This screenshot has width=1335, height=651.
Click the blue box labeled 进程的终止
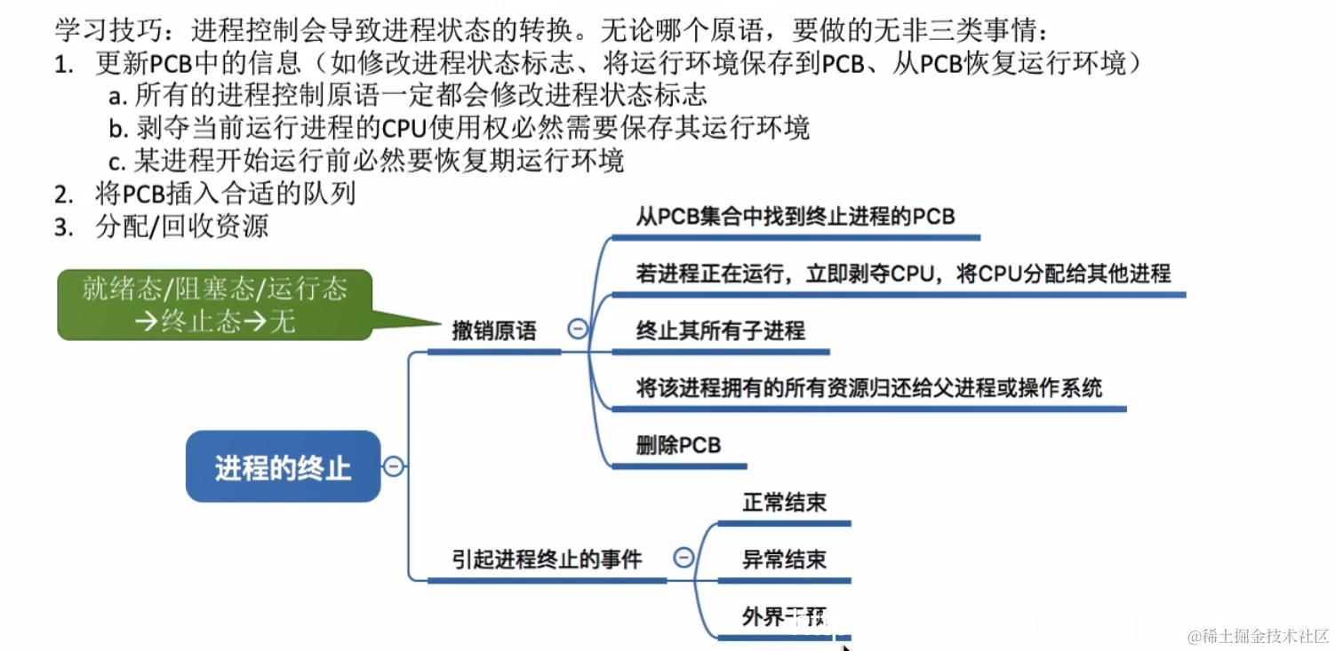tap(283, 466)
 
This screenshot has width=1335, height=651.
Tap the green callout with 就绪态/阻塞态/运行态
tap(214, 304)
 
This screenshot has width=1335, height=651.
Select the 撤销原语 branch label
tap(494, 331)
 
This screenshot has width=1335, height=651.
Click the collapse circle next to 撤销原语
tap(577, 329)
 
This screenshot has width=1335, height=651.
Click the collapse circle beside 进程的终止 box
tap(393, 466)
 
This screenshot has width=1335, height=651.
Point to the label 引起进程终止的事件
tap(547, 559)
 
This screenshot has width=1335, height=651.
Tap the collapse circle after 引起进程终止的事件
tap(683, 558)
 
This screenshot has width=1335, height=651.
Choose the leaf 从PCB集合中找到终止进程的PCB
tap(795, 217)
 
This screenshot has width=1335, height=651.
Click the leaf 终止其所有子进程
tap(720, 331)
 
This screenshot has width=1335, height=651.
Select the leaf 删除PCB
tap(677, 445)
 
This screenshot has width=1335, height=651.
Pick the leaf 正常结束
tap(784, 502)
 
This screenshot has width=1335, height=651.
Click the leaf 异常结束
tap(784, 559)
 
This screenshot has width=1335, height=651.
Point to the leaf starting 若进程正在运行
tap(903, 274)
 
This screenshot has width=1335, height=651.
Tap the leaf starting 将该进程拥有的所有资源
tap(868, 388)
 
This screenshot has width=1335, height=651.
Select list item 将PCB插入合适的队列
tap(225, 194)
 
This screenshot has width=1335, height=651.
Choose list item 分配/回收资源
tap(181, 226)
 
